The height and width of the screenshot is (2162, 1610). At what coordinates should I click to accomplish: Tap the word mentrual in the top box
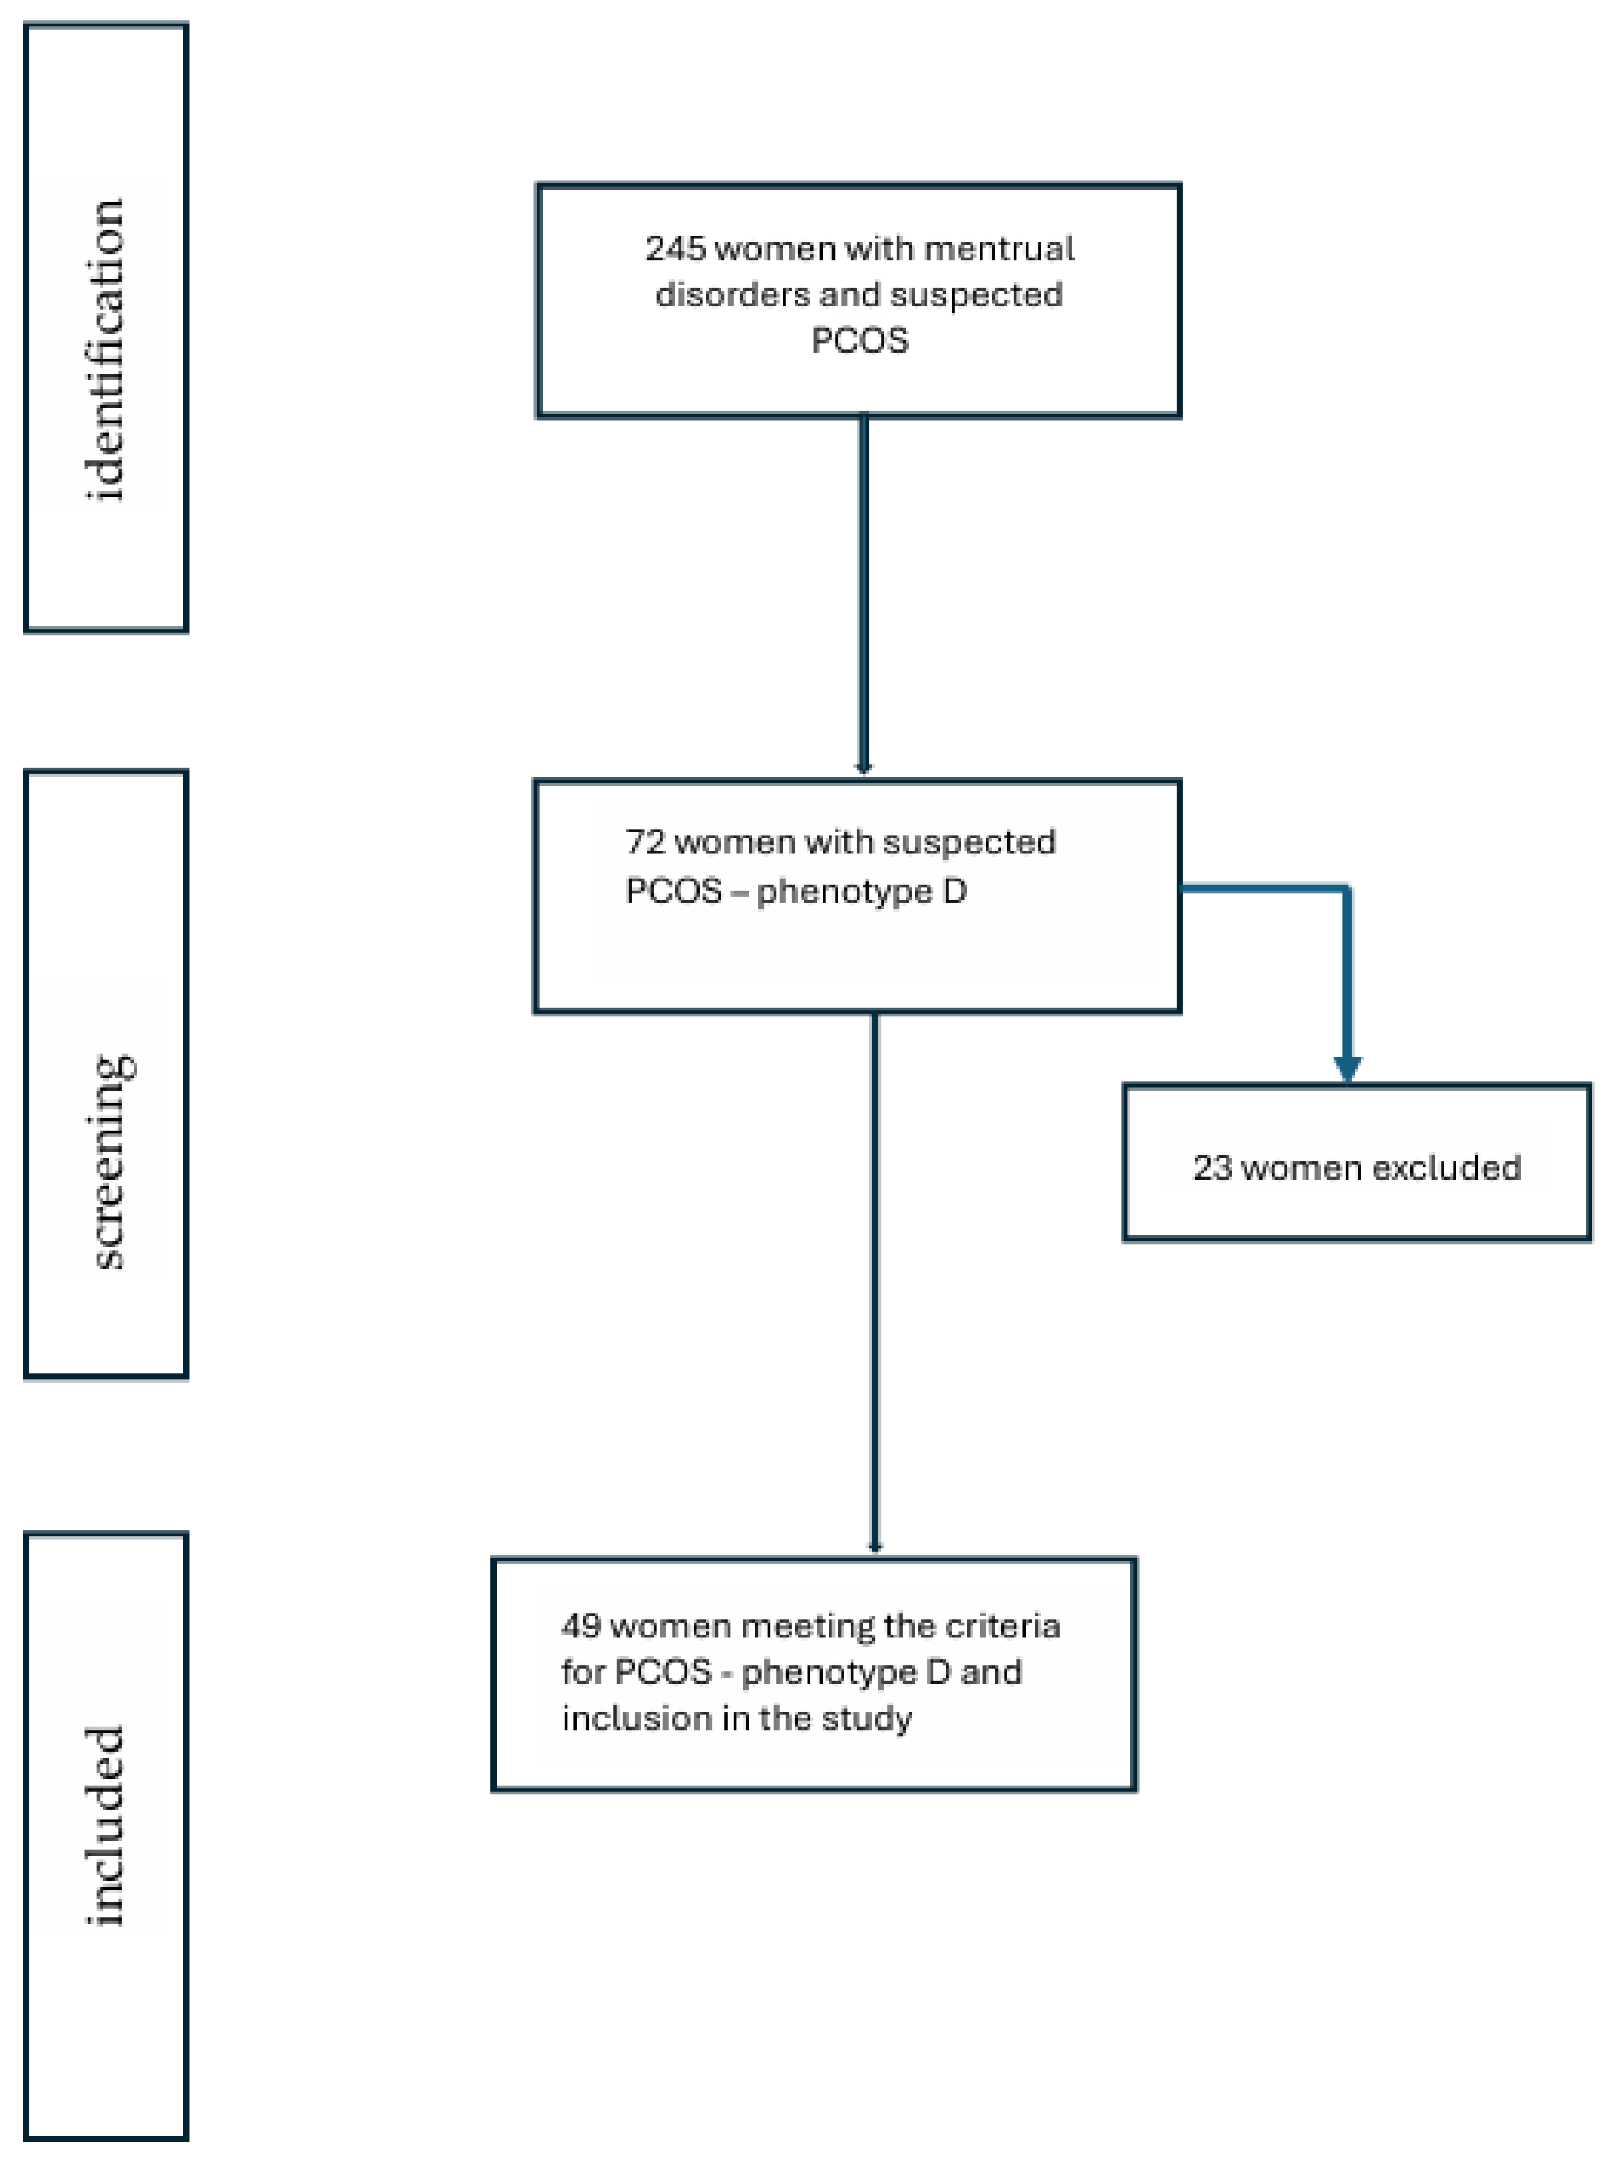998,249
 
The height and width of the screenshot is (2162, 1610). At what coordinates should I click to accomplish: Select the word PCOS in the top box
859,340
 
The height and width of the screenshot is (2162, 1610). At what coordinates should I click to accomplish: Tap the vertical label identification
105,351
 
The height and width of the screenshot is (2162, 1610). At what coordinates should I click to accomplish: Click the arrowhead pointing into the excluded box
1347,1069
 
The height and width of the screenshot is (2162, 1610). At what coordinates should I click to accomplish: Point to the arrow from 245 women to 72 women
863,595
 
